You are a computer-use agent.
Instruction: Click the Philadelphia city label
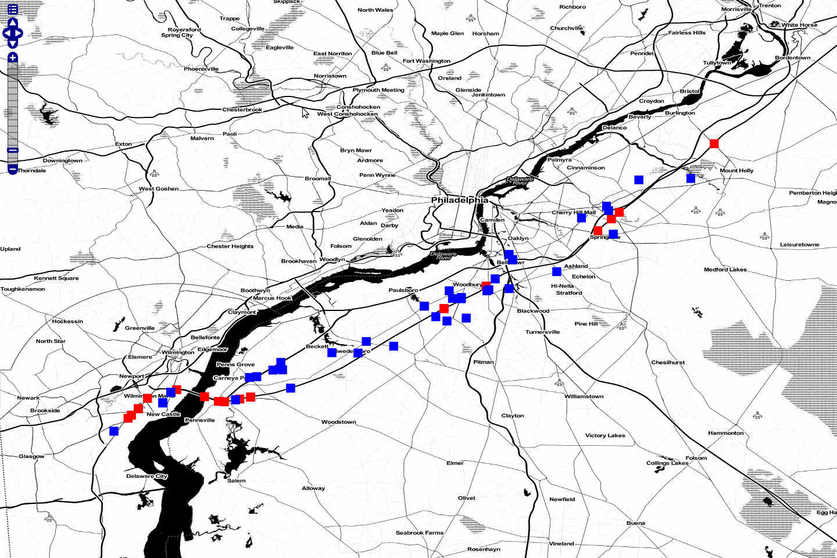459,200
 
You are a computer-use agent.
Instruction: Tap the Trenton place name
770,6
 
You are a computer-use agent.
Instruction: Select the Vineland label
561,543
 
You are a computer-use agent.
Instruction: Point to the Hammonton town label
725,433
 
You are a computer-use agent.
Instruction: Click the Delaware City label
146,476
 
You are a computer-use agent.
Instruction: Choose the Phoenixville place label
201,69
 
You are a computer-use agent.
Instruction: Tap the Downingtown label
62,160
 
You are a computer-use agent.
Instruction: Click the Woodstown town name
338,422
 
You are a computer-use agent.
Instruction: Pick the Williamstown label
584,396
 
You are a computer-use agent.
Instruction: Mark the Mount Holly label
736,171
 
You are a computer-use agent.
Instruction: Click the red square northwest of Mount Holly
714,144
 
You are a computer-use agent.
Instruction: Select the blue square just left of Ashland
557,271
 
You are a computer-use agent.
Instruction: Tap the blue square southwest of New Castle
114,431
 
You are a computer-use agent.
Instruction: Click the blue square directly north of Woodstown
291,388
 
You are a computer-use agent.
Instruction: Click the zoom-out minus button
13,169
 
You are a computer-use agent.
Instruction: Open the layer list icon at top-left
13,9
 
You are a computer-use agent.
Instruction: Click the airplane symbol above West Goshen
154,173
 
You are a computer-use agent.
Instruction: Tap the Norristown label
330,76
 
